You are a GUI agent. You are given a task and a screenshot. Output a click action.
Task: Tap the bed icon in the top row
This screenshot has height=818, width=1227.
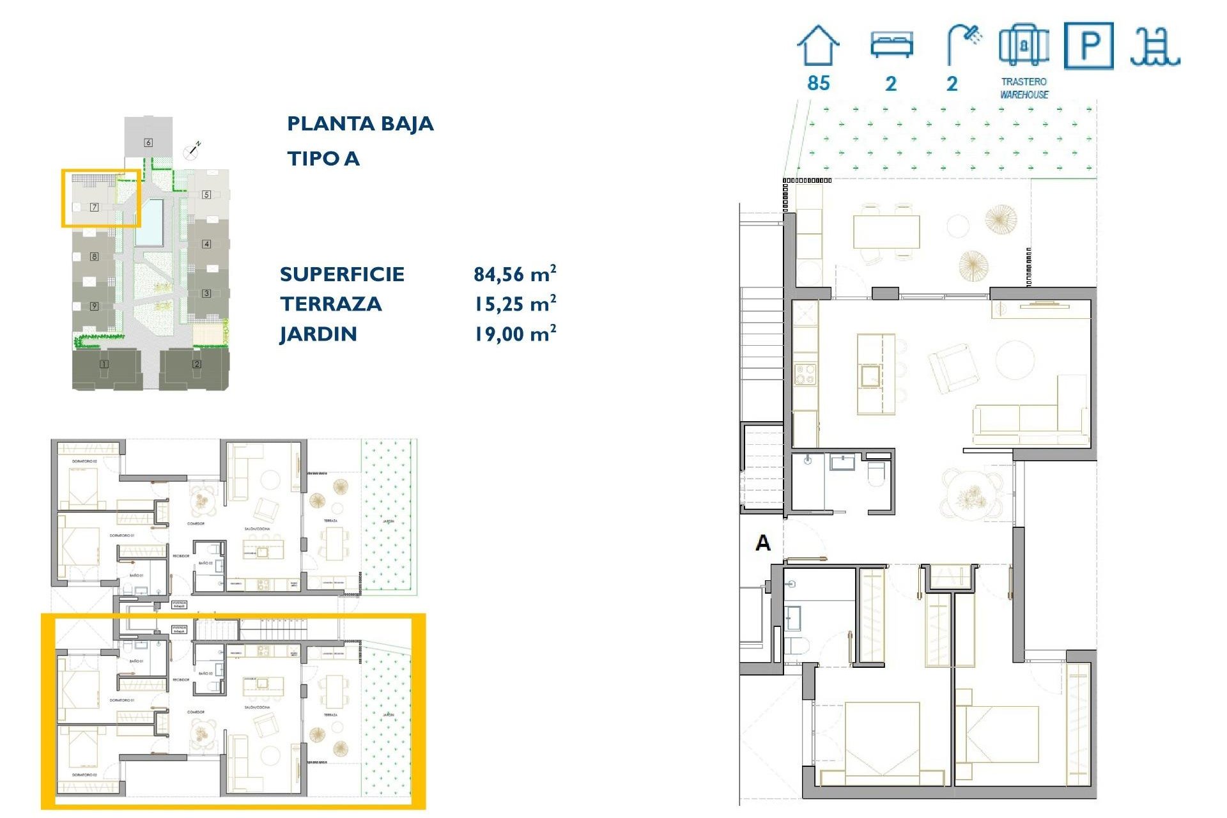(x=891, y=45)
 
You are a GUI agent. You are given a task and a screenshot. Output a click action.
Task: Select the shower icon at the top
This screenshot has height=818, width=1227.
(x=964, y=43)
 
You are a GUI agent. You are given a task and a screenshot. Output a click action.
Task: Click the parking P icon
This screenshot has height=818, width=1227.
(x=1088, y=45)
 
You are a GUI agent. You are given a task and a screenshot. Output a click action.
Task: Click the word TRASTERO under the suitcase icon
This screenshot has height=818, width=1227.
(x=1024, y=82)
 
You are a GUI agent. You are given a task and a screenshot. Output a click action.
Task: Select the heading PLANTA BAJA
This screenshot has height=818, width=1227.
(x=360, y=123)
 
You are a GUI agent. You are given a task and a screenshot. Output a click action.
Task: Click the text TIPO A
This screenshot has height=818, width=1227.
(x=323, y=158)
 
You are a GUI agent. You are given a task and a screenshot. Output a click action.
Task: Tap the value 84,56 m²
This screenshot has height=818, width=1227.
(x=514, y=274)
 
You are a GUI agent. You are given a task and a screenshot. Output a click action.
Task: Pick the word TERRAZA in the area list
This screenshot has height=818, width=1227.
(x=330, y=304)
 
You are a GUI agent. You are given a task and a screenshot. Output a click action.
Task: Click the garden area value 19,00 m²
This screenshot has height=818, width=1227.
(x=514, y=334)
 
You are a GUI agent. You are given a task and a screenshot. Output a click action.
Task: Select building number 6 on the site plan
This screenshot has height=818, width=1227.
(x=148, y=143)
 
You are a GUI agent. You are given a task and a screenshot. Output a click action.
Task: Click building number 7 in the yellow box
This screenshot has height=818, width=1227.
(x=94, y=207)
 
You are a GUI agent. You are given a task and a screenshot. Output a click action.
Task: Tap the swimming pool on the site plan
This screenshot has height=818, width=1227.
(x=150, y=222)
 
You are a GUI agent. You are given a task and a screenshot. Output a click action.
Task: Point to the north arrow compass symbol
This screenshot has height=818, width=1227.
(x=192, y=151)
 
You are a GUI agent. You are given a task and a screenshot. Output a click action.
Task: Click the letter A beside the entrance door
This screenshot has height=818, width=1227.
(x=763, y=543)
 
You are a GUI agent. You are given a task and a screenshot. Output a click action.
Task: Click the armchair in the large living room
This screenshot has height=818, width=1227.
(x=953, y=367)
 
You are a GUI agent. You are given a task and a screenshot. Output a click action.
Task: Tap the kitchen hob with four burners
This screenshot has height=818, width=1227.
(x=805, y=374)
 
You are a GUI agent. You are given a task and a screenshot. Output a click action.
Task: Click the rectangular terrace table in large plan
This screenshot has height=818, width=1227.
(x=886, y=231)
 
